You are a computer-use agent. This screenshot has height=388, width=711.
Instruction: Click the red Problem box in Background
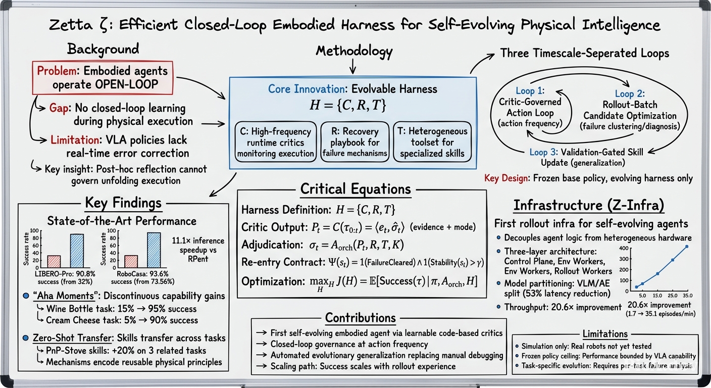click(x=103, y=78)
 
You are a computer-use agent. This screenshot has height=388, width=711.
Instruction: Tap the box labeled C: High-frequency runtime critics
click(x=276, y=142)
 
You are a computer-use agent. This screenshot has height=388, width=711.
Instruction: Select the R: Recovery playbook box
click(x=355, y=142)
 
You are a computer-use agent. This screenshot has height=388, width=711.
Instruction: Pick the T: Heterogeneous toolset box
click(x=432, y=142)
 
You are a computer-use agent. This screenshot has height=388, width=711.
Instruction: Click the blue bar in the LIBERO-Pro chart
click(x=77, y=251)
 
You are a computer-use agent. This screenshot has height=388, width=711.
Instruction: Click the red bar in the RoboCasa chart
click(x=131, y=261)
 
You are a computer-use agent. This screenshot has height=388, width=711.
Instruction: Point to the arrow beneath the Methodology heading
click(x=352, y=67)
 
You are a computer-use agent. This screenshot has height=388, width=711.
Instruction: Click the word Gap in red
click(x=59, y=108)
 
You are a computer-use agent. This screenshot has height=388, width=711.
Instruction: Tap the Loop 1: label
click(x=530, y=91)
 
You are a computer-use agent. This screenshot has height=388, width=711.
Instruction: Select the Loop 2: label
click(x=630, y=93)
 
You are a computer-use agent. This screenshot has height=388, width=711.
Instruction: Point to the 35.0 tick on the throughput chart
click(x=688, y=296)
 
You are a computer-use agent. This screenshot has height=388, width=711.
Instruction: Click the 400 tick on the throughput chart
click(x=624, y=248)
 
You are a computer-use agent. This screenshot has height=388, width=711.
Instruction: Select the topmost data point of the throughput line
click(x=687, y=247)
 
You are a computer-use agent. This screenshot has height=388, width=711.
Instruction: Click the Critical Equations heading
click(x=355, y=189)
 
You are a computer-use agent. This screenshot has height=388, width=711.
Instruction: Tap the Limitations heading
click(x=605, y=334)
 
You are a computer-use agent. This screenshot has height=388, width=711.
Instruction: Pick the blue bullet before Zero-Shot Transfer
click(x=26, y=338)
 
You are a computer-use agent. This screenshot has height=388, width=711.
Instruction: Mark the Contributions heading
click(x=360, y=318)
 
